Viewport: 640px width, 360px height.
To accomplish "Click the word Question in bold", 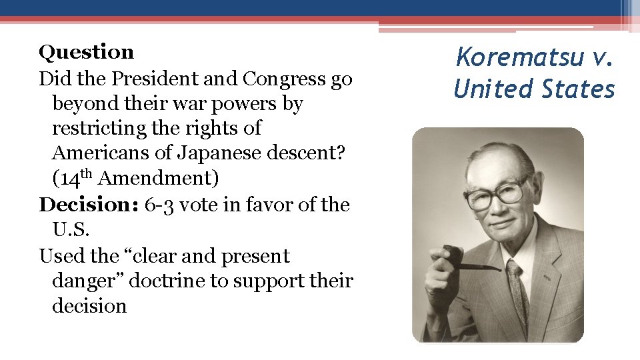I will tap(86, 52).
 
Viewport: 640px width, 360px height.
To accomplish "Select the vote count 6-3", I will tap(160, 205).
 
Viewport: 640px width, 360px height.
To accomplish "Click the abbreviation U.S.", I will tap(70, 230).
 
